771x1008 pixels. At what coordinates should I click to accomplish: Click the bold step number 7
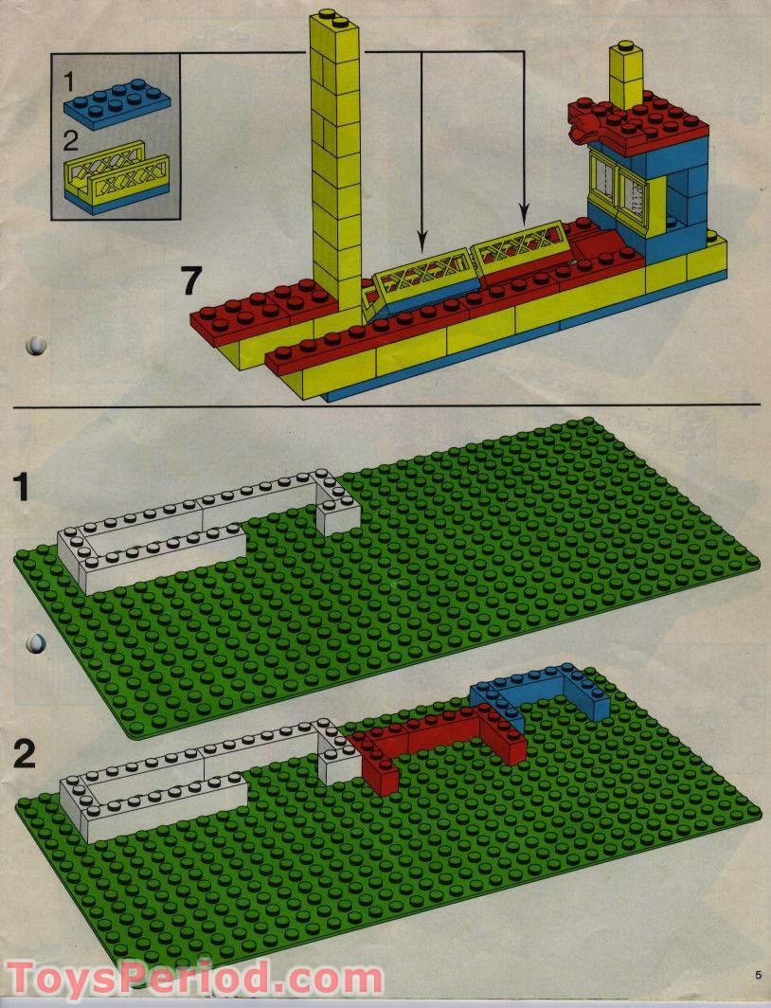point(191,281)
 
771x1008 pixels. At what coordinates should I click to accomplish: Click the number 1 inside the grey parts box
point(69,81)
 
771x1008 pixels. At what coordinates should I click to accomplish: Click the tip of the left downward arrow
point(421,251)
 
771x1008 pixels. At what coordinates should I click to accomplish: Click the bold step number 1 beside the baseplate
point(22,487)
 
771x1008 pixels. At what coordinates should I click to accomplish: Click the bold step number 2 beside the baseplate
point(25,753)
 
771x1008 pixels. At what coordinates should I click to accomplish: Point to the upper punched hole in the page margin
point(37,345)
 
